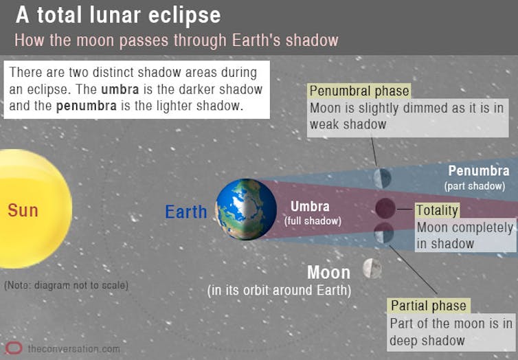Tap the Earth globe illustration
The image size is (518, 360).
coord(246,210)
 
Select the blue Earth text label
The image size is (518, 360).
coord(186,212)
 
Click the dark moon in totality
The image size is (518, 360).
coord(385,208)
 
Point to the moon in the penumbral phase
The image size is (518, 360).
coord(382,178)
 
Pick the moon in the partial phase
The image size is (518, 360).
coord(384,233)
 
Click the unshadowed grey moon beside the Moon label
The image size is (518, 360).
coord(372,269)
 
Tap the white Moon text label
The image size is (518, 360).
coord(328,273)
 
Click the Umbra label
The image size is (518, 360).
coord(310,207)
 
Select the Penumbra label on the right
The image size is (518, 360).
coord(479,171)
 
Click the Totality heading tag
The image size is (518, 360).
coord(437,210)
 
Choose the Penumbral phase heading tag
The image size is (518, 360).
coord(359,91)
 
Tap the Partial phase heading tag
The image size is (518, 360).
coord(429,306)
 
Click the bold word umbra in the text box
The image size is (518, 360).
coord(120,89)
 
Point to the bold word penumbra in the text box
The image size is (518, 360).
coord(87,106)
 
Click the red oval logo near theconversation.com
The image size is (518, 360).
coord(14,348)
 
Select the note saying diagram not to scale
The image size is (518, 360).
coord(67,285)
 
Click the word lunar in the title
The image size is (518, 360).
coord(115,15)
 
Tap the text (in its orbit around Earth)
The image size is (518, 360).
coord(279,291)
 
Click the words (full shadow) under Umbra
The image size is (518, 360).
coord(313,221)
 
